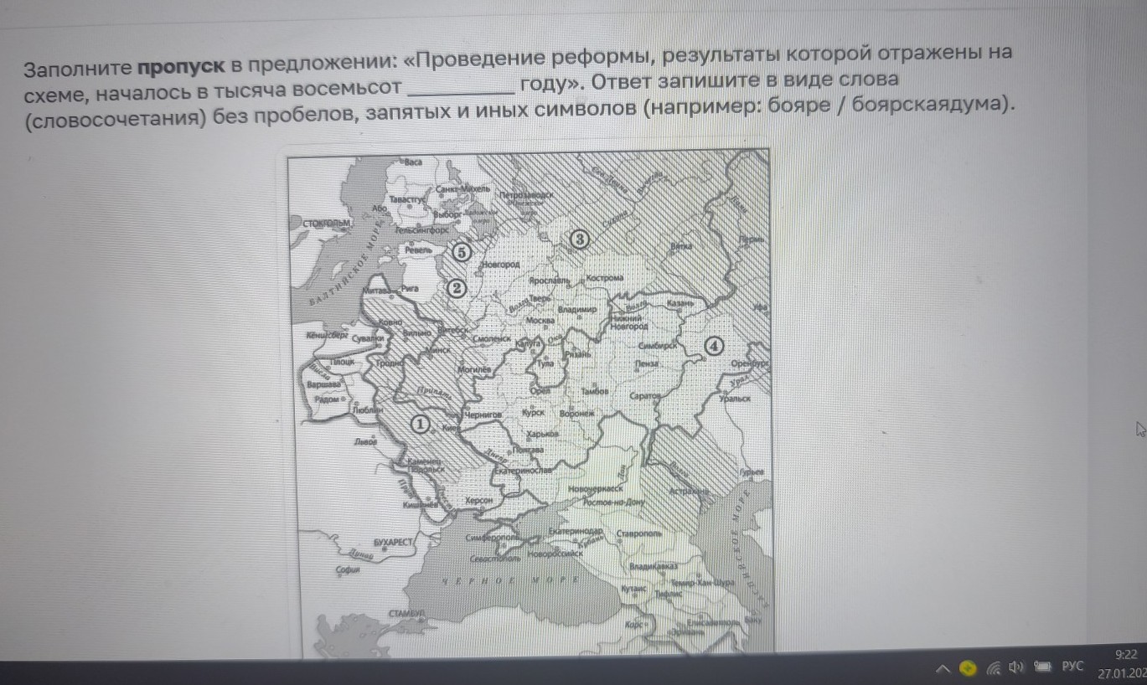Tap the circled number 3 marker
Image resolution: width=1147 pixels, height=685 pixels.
pyautogui.click(x=579, y=240)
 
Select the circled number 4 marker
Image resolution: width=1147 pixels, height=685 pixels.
pyautogui.click(x=713, y=345)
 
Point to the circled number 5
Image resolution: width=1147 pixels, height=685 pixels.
pyautogui.click(x=460, y=251)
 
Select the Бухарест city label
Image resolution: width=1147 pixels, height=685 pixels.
pyautogui.click(x=394, y=543)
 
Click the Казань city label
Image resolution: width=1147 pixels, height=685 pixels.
pyautogui.click(x=679, y=303)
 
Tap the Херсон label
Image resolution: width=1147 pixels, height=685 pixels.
pyautogui.click(x=478, y=500)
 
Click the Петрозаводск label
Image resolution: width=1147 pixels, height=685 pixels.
pyautogui.click(x=527, y=195)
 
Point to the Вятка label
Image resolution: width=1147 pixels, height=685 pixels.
pyautogui.click(x=682, y=248)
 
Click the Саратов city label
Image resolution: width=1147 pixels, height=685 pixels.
pyautogui.click(x=645, y=395)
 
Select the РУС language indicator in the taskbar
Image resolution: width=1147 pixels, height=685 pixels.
pyautogui.click(x=1072, y=667)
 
